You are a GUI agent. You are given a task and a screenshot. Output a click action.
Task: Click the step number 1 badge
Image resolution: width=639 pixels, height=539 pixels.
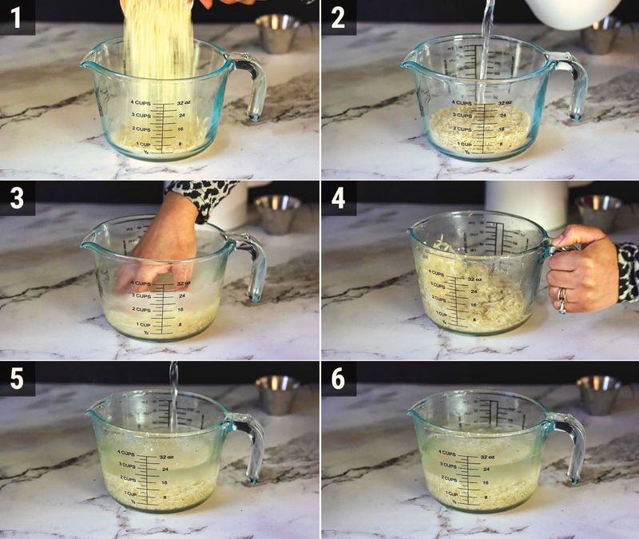tap(17, 17)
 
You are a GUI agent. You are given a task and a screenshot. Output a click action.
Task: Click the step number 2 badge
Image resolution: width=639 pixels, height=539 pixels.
tap(339, 17)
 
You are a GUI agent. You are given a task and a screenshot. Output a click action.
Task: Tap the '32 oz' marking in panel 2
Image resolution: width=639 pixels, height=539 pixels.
tap(505, 102)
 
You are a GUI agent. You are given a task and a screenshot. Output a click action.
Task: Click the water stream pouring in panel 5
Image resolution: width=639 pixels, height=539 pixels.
tap(173, 395)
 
